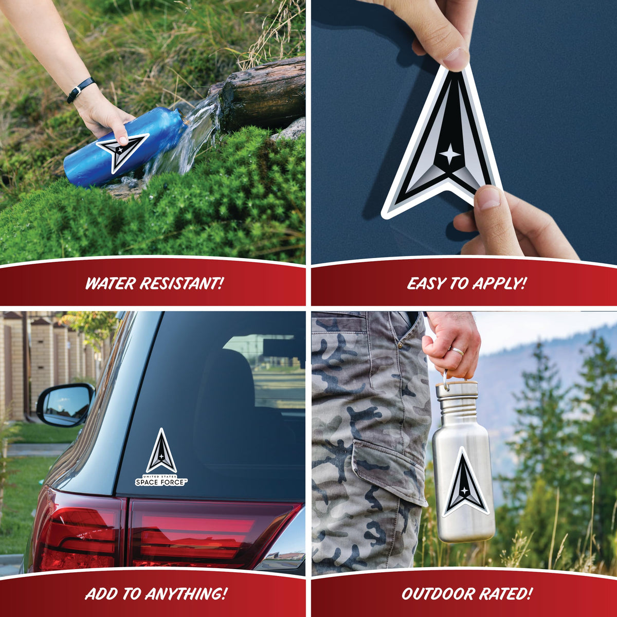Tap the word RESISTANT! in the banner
coord(181,283)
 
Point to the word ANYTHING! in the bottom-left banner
coord(186,585)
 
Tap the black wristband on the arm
coord(81,90)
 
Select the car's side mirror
coord(65,405)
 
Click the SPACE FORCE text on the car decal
coord(160,482)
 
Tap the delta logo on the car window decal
coord(161,451)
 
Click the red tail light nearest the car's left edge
coord(77,541)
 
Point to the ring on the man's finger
coord(458,352)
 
